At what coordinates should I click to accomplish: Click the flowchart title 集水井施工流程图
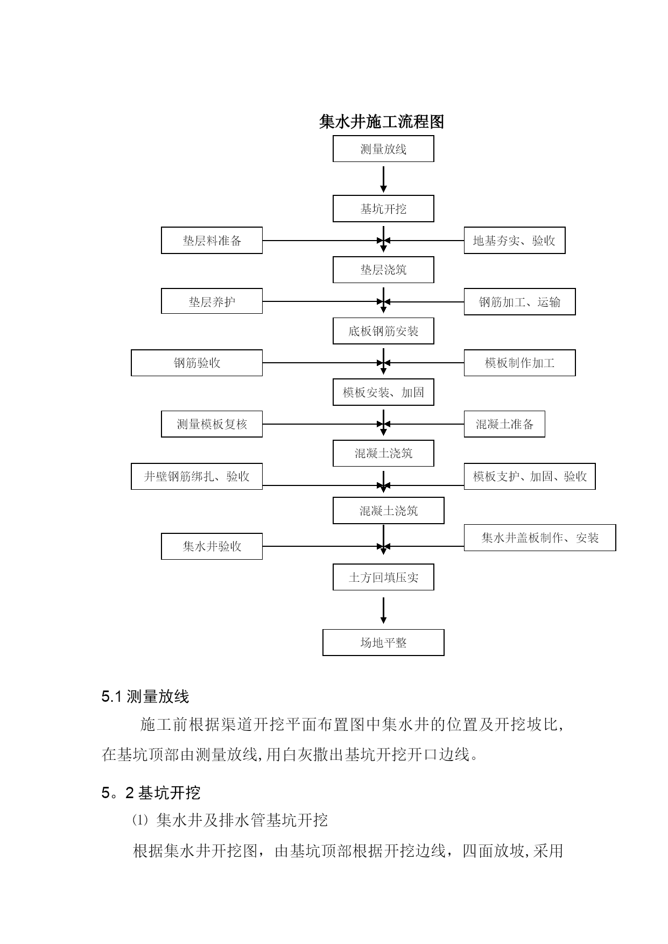click(382, 122)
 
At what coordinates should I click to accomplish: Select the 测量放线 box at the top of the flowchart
click(383, 149)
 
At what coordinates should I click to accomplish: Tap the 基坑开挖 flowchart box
click(383, 209)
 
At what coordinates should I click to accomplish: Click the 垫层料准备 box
click(212, 241)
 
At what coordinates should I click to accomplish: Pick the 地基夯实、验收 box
click(515, 241)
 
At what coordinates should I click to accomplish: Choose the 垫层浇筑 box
click(383, 270)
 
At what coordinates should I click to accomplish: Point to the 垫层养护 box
click(212, 301)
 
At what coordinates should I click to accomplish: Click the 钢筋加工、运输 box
click(519, 301)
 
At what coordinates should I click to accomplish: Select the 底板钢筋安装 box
click(383, 331)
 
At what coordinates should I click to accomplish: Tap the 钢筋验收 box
click(196, 363)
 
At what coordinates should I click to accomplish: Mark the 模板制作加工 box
click(519, 363)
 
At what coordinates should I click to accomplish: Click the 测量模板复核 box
click(212, 424)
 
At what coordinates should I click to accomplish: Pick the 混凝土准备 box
click(504, 424)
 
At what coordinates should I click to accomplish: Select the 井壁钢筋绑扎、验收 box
click(196, 476)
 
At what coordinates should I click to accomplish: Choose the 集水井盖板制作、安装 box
click(540, 538)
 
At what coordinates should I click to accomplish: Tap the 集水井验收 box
click(212, 546)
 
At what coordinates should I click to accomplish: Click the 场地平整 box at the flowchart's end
click(383, 643)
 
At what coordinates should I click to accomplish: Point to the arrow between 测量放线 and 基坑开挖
click(383, 179)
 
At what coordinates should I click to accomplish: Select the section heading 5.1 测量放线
click(145, 697)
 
